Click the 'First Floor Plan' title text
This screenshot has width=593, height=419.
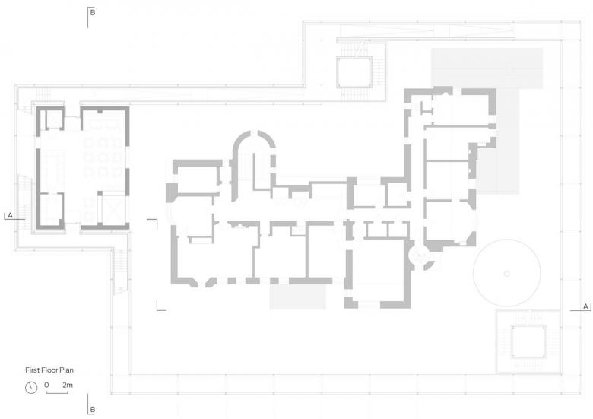(x=49, y=370)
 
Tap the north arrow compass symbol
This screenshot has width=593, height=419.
(x=31, y=388)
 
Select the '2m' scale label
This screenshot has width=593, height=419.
(x=68, y=385)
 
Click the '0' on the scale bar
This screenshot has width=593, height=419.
(x=46, y=385)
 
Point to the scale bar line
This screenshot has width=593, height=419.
(x=57, y=393)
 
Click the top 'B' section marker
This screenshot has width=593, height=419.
(x=92, y=12)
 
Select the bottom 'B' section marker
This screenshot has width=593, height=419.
(x=92, y=410)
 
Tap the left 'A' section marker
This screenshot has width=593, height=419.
(x=10, y=215)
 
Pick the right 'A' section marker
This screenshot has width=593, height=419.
(x=586, y=306)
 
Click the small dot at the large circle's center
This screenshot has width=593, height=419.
(x=507, y=274)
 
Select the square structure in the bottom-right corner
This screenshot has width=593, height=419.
(x=528, y=341)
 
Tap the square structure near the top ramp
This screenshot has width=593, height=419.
(x=354, y=71)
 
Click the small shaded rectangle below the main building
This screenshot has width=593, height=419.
(x=297, y=297)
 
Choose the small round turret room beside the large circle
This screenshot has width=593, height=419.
(x=419, y=256)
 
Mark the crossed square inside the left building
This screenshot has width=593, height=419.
(x=113, y=210)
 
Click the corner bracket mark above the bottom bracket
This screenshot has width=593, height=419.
(x=152, y=224)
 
